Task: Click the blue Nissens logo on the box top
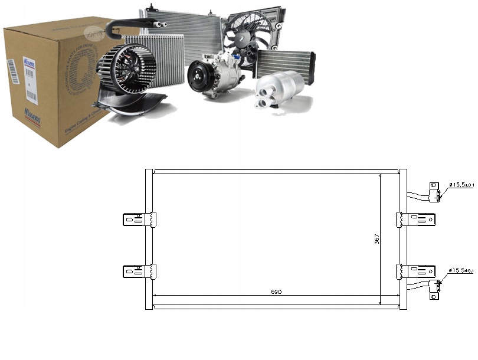click(28, 61)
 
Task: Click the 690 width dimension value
click(276, 291)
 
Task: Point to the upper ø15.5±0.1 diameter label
click(461, 185)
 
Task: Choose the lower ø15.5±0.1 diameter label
click(461, 270)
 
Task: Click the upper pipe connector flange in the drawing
click(434, 192)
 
